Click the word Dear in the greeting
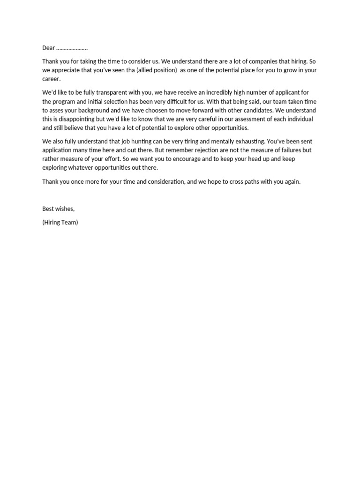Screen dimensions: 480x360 coord(49,48)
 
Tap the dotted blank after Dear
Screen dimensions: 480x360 coord(72,48)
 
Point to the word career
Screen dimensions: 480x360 coord(51,79)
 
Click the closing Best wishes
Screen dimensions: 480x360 coord(58,209)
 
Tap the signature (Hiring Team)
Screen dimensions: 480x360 coord(60,222)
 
